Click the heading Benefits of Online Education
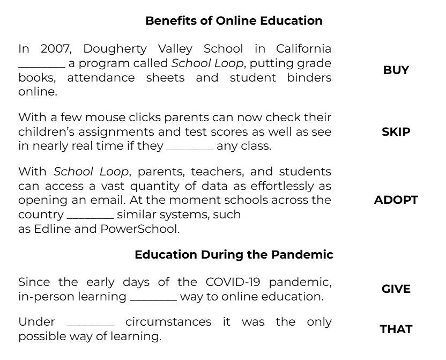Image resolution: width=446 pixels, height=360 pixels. pos(234,21)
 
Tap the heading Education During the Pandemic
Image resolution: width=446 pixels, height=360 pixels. pos(234,254)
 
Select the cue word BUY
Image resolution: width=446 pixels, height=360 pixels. pos(396,70)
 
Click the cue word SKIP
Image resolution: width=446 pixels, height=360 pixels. pos(396,132)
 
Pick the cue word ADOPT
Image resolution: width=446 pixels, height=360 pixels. pos(396,200)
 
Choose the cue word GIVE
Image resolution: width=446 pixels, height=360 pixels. pos(396,289)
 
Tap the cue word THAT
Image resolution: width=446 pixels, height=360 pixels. pos(396,329)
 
